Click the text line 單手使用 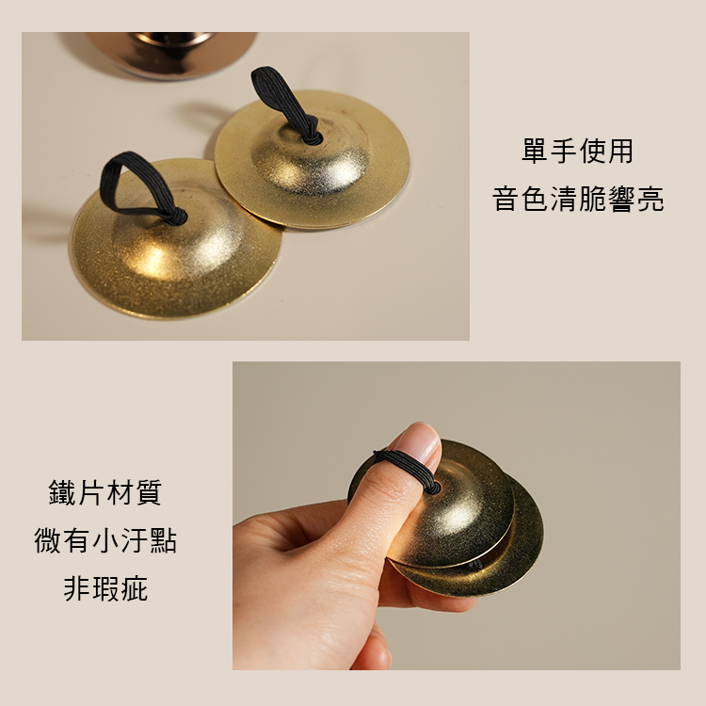(577, 151)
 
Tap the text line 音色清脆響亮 (577, 199)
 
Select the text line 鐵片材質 (105, 492)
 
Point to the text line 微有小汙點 (105, 541)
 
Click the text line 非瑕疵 (105, 589)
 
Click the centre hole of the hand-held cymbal (432, 489)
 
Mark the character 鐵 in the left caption (63, 492)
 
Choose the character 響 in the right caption (620, 199)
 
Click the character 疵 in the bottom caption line (134, 589)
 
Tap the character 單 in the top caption (535, 151)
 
